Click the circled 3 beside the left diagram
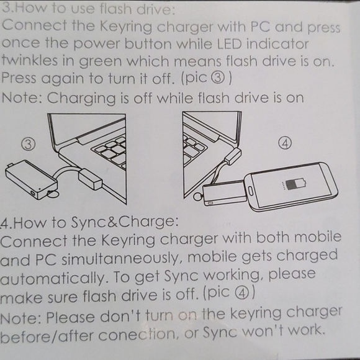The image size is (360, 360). point(28,143)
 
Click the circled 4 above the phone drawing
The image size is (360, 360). point(286,142)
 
